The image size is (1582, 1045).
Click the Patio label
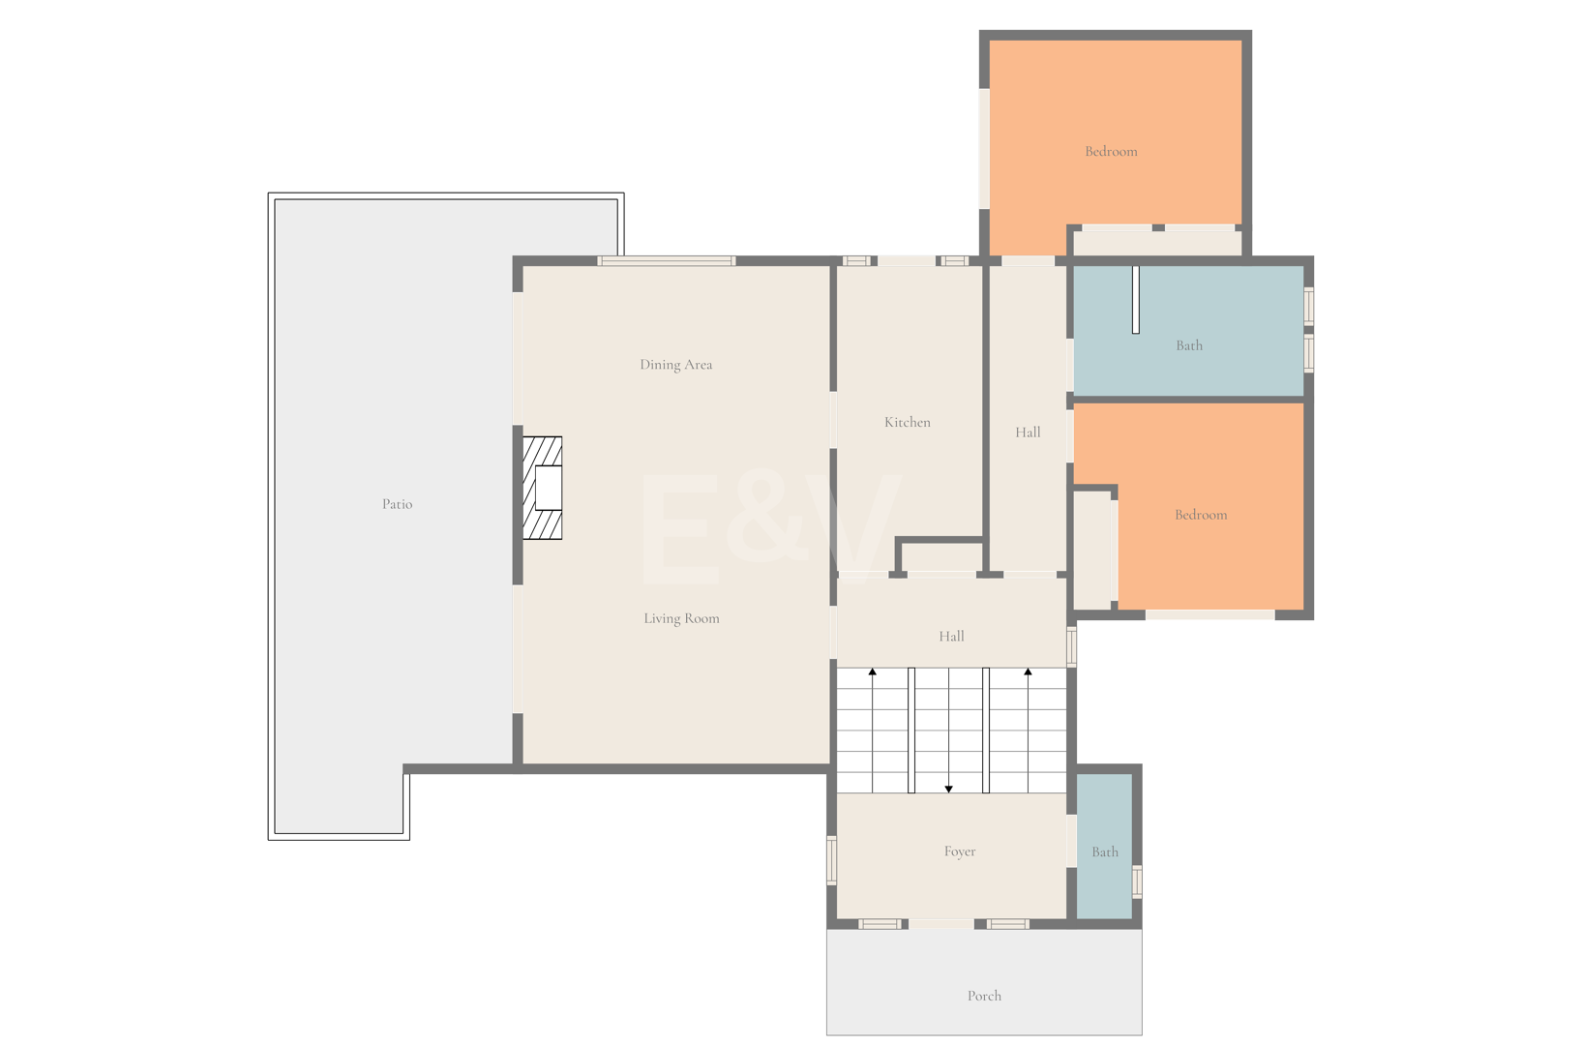[397, 504]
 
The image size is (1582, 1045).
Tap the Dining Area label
[676, 365]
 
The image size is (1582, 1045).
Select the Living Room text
[681, 618]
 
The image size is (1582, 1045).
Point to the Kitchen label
[908, 422]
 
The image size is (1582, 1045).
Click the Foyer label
[960, 851]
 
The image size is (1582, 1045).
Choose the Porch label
[984, 996]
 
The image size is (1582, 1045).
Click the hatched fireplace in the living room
[543, 488]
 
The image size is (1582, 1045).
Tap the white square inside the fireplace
[549, 488]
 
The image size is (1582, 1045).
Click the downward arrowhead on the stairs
[948, 789]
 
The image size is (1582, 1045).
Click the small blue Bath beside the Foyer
[1105, 846]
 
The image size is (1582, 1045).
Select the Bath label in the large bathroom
[1189, 345]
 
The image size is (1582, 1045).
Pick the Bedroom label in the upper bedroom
[1111, 151]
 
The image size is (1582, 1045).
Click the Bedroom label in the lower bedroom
[1201, 515]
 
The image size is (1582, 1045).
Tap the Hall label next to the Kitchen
[1028, 433]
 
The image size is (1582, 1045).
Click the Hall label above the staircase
[951, 636]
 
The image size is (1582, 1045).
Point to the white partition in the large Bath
[1136, 299]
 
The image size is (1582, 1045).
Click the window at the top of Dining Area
[666, 260]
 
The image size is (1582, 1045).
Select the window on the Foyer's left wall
[831, 860]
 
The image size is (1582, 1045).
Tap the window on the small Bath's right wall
[1137, 881]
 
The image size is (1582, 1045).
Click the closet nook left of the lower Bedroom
[1092, 550]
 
